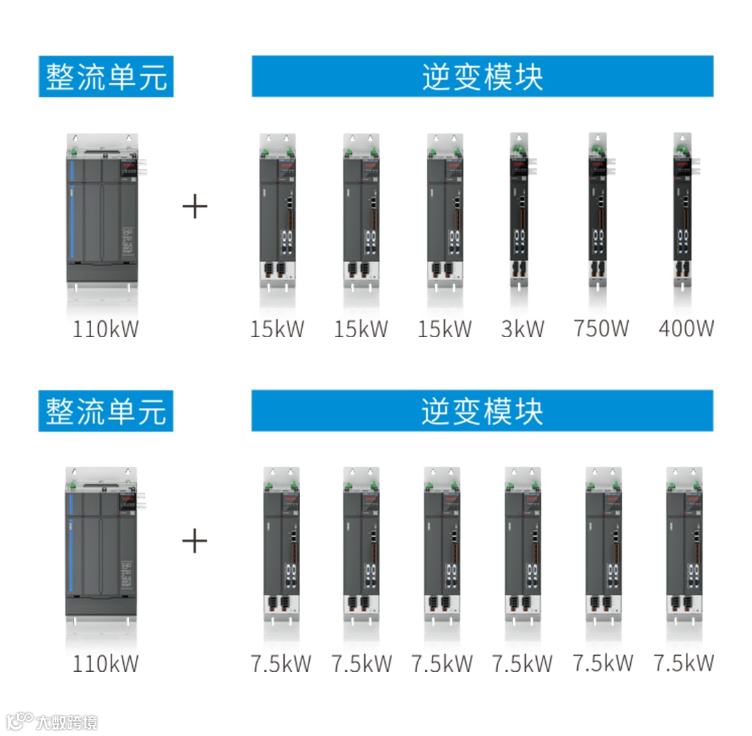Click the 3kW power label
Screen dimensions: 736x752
tap(522, 329)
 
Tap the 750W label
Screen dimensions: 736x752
tap(602, 329)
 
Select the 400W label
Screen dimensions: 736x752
tap(686, 329)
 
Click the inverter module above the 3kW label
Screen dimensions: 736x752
tap(519, 209)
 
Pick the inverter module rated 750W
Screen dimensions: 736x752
tap(597, 209)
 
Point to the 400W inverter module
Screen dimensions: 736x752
tap(683, 209)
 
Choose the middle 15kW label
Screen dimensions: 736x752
tap(361, 329)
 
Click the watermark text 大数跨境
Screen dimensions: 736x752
tap(68, 721)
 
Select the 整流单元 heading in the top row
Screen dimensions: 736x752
tap(106, 77)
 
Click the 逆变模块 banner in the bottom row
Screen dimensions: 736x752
tap(482, 411)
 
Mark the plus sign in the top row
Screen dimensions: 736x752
tap(195, 207)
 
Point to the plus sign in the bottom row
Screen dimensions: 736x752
tap(195, 541)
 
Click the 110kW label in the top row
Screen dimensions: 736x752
tap(106, 329)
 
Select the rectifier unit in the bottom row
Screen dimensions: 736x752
tap(102, 543)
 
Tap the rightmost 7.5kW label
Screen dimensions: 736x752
tap(683, 663)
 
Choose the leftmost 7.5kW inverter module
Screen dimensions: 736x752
tap(281, 543)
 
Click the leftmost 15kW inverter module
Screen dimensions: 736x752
tap(277, 209)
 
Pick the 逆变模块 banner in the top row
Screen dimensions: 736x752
tap(482, 77)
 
